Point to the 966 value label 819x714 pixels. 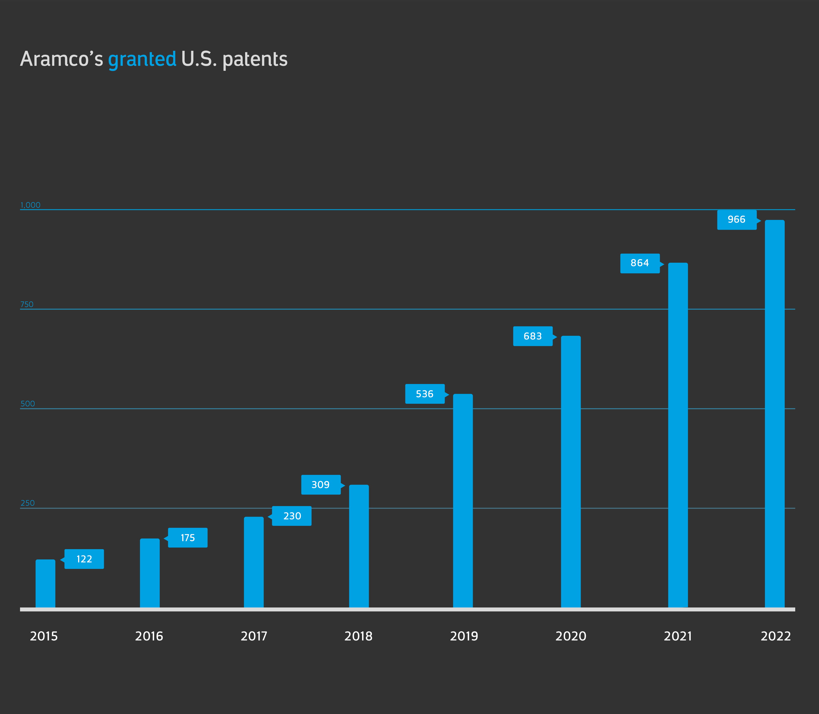point(736,220)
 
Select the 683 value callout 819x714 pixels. point(533,336)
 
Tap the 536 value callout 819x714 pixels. point(425,394)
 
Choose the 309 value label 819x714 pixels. point(320,485)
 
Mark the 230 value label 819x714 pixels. point(292,516)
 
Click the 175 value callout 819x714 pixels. point(188,538)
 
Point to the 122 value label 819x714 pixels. point(84,559)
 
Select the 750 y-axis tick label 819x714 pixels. point(27,304)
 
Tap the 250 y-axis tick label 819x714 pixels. point(28,503)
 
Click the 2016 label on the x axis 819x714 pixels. point(149,636)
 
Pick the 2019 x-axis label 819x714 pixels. point(464,636)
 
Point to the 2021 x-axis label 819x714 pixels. point(678,636)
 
